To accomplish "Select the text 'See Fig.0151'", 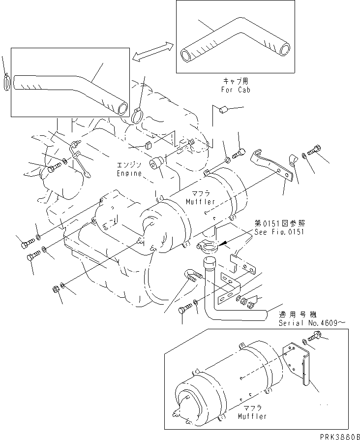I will tap(276, 232).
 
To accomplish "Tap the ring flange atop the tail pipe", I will tap(207, 246).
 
